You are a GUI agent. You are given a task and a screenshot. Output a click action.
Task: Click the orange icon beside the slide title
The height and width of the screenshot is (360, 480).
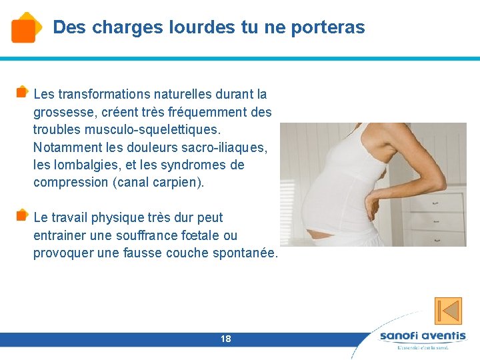(x=24, y=27)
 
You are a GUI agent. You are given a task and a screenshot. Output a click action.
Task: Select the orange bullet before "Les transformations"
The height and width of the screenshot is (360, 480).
(x=22, y=91)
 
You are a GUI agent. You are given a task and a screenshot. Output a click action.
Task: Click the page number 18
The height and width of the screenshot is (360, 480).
(x=226, y=339)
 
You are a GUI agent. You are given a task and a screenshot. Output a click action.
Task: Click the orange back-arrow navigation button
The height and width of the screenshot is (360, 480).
(x=448, y=311)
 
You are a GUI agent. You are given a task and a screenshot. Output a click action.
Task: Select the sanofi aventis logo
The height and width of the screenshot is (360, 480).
(x=422, y=338)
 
